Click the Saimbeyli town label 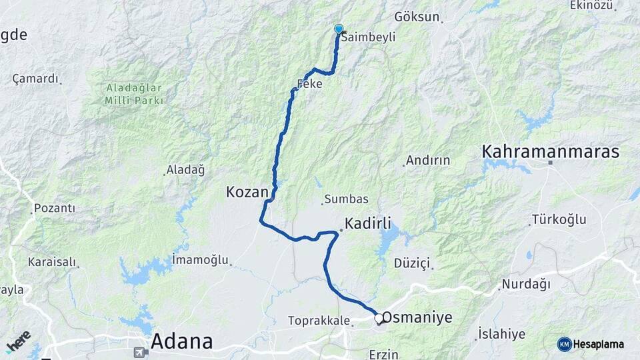pos(369,38)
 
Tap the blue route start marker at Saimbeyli pos(339,29)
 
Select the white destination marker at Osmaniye pos(379,319)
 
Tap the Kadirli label pos(368,223)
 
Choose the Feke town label pos(309,84)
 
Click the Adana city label pos(182,341)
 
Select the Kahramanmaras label pos(550,152)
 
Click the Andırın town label pos(428,161)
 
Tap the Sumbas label pos(342,199)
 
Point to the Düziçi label pos(412,263)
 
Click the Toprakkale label pos(319,321)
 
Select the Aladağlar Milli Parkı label pos(133,94)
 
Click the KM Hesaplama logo pos(591,344)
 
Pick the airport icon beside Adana pos(139,351)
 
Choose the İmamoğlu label pos(200,259)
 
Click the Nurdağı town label pos(526,285)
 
